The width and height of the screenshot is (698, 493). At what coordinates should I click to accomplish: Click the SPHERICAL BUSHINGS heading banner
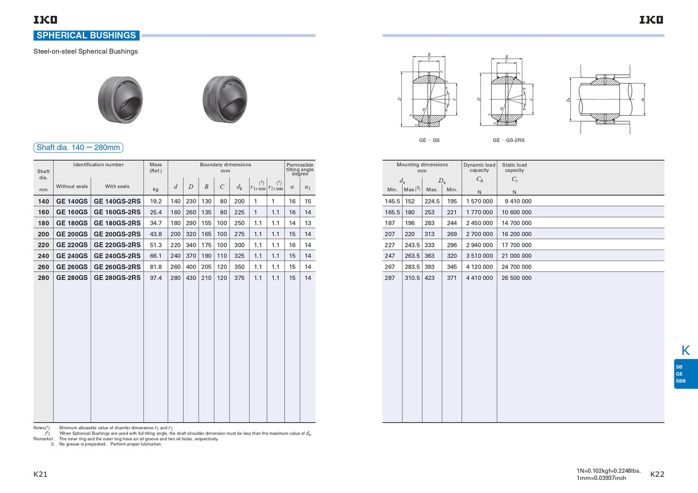point(86,35)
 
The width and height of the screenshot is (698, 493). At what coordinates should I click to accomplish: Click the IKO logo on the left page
point(45,20)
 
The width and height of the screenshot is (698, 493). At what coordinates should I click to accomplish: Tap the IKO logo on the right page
point(652,20)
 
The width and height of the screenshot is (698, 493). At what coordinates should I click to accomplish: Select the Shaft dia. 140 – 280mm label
point(78,147)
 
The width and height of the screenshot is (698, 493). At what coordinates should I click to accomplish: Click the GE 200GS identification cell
point(71,234)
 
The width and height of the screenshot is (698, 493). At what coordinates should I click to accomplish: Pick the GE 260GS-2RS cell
point(117,267)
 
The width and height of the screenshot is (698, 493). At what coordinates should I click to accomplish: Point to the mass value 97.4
point(155,278)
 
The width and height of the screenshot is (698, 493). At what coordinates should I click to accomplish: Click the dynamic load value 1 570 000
point(479,201)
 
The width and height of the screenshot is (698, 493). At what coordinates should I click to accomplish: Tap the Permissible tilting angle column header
point(300,169)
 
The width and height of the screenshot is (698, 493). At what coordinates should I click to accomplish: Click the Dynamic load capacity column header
point(479,167)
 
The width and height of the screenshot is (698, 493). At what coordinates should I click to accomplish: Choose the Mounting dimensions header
point(422,167)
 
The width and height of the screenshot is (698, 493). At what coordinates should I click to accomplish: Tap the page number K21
point(40,474)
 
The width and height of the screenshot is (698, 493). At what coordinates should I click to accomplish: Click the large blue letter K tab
point(685,351)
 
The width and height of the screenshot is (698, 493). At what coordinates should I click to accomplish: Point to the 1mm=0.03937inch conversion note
point(601,478)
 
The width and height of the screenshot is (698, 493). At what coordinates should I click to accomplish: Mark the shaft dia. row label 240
point(43,256)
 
